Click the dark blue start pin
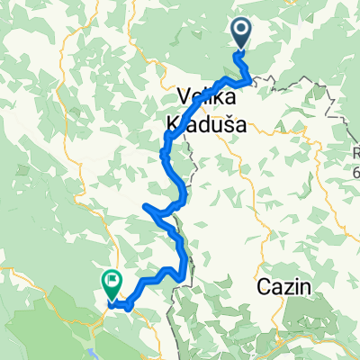[x=243, y=32]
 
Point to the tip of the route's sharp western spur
[x=145, y=207]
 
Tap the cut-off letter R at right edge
[x=356, y=154]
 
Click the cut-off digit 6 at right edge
[x=356, y=171]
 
